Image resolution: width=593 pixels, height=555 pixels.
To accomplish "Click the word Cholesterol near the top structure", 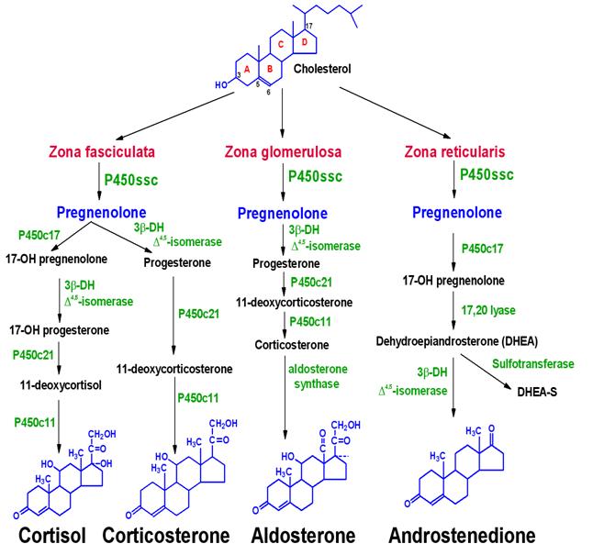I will click(x=322, y=69).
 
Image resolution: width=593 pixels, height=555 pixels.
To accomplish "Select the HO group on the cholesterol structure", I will click(x=221, y=84).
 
